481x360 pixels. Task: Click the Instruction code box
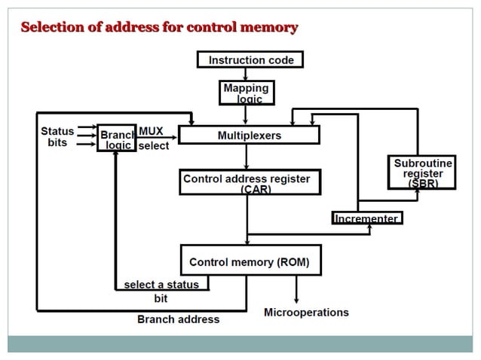coord(250,59)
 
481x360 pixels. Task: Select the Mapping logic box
coord(246,93)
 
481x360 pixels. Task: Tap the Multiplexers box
coord(249,136)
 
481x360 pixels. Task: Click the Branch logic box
coord(117,139)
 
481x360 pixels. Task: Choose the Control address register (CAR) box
coord(247,183)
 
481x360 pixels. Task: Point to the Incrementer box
coord(366,218)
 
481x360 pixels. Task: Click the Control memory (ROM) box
coord(250,261)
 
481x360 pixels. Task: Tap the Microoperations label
coord(306,312)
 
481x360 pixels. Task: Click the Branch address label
coord(178,319)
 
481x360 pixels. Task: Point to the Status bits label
coord(57,136)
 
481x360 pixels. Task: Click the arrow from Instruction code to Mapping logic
coord(246,75)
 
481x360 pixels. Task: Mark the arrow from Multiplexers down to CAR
coord(247,157)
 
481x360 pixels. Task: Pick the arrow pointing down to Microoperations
coord(296,289)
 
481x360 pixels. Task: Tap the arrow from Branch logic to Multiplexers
coord(157,137)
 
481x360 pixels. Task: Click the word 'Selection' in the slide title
coord(53,28)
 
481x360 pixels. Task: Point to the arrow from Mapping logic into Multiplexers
coord(246,115)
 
